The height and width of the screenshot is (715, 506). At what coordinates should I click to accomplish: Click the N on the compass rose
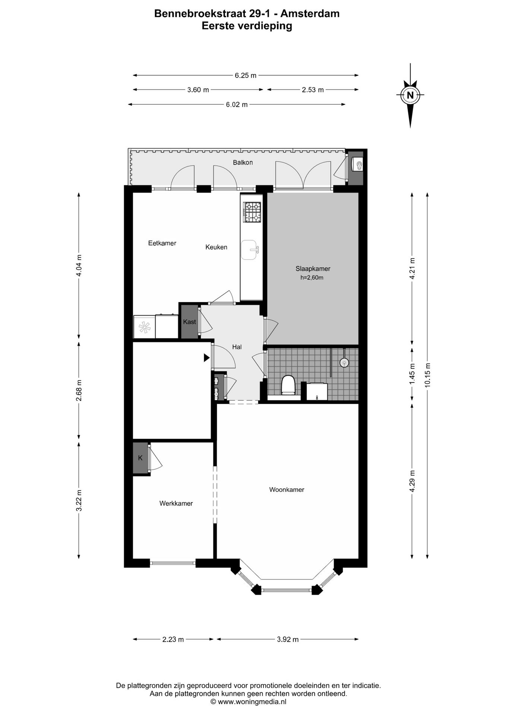pyautogui.click(x=410, y=95)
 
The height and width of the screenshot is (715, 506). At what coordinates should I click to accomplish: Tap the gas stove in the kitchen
pyautogui.click(x=252, y=212)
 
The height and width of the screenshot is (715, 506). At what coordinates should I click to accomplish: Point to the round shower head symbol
pyautogui.click(x=344, y=362)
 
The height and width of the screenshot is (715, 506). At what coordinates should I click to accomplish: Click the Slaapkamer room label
pyautogui.click(x=313, y=268)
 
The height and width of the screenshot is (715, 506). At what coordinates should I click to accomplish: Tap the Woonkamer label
pyautogui.click(x=287, y=490)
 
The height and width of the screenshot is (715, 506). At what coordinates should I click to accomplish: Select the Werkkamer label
pyautogui.click(x=176, y=503)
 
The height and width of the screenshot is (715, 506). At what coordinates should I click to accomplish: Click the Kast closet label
pyautogui.click(x=189, y=322)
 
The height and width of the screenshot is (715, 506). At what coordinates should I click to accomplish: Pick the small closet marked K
pyautogui.click(x=140, y=458)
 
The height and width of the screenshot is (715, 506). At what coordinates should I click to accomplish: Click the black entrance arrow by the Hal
pyautogui.click(x=206, y=358)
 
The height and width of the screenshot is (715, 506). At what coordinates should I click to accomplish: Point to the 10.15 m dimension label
pyautogui.click(x=427, y=375)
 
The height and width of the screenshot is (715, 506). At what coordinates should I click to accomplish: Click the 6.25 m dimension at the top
pyautogui.click(x=245, y=75)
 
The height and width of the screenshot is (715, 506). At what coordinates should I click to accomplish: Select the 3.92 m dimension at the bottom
pyautogui.click(x=288, y=639)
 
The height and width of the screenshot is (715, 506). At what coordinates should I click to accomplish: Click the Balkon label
pyautogui.click(x=243, y=162)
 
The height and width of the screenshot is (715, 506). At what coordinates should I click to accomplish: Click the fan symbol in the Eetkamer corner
pyautogui.click(x=144, y=327)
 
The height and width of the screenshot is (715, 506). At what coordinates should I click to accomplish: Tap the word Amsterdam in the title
pyautogui.click(x=310, y=14)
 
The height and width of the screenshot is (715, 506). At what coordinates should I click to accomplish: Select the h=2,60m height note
pyautogui.click(x=311, y=277)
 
